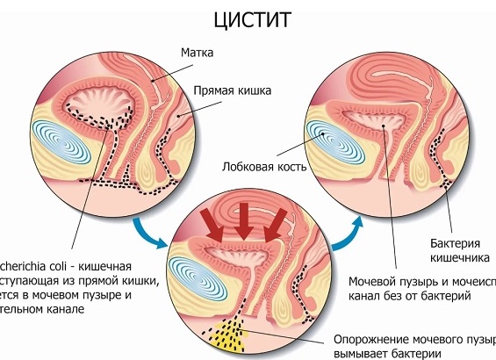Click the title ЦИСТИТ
pos(248,18)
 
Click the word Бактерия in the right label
pos(454,241)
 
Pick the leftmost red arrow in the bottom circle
pos(212,222)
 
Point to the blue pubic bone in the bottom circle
pos(197,267)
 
